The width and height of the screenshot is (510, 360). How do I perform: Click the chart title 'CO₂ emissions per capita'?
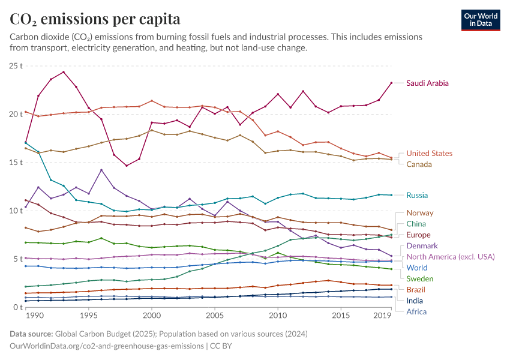(95, 19)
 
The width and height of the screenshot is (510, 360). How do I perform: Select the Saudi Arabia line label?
(427, 83)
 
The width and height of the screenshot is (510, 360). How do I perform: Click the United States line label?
(429, 154)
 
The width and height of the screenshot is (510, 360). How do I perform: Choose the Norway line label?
(419, 213)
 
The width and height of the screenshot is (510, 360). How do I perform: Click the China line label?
(416, 224)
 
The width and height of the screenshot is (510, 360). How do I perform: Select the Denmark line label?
(422, 245)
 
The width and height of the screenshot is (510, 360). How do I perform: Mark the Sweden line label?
(419, 278)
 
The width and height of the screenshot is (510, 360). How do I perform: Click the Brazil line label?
(416, 290)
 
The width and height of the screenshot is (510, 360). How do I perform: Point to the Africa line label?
(416, 311)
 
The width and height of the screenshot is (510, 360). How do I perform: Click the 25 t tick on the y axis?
(16, 65)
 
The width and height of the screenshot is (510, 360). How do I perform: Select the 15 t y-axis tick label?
(16, 162)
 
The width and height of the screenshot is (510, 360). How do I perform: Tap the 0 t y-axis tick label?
(18, 307)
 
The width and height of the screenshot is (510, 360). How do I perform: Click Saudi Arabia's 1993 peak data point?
(64, 72)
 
